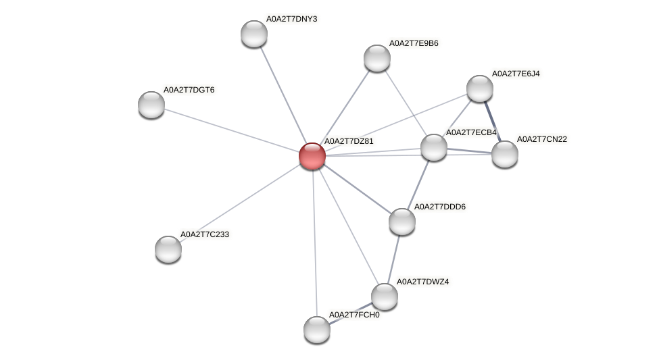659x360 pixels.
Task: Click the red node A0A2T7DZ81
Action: (x=312, y=155)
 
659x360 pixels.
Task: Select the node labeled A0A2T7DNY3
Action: (x=254, y=33)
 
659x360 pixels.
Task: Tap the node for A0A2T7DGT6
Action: (x=151, y=104)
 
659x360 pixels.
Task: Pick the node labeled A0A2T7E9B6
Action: (x=377, y=57)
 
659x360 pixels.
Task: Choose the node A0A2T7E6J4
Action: (x=480, y=88)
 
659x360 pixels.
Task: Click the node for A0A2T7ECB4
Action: (x=433, y=147)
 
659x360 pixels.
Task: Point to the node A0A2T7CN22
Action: (x=504, y=153)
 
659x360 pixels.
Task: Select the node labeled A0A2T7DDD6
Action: (x=402, y=221)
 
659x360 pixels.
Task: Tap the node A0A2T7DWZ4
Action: (x=385, y=296)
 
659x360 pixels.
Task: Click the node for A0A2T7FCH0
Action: (x=317, y=329)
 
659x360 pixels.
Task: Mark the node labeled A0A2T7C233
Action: (x=168, y=249)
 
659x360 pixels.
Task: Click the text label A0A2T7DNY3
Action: (x=291, y=19)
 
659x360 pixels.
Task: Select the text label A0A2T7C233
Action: (x=205, y=234)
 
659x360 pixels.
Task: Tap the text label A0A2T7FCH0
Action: (x=353, y=315)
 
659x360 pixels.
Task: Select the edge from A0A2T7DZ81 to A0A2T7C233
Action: (x=240, y=202)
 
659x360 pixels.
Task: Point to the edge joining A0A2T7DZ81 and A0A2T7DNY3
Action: (x=283, y=94)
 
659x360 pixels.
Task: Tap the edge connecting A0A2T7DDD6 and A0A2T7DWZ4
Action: (x=393, y=259)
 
